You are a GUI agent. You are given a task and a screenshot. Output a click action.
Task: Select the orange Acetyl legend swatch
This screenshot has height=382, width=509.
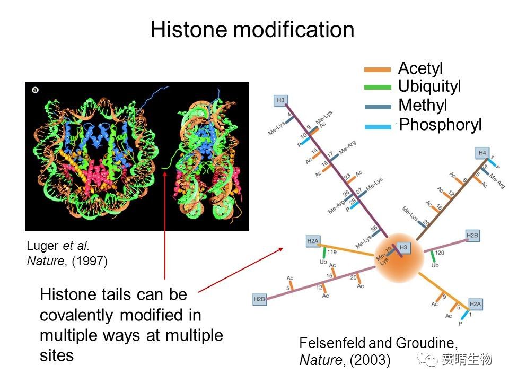coord(377,70)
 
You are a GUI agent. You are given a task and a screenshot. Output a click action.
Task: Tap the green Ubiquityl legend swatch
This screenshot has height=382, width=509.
coord(377,87)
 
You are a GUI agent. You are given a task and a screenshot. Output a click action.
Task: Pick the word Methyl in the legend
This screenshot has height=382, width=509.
coord(423,105)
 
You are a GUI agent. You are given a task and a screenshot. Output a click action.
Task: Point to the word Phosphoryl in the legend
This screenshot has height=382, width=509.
coord(440,124)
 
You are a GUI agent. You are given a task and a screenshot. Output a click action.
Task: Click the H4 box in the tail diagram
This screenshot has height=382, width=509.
coord(482,153)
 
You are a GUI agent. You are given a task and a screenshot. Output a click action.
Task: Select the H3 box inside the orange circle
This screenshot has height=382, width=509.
coord(403,248)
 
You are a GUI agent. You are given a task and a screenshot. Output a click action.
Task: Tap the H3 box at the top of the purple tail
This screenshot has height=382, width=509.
coord(280,100)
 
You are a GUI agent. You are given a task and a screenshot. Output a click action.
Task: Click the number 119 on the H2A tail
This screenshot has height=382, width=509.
coord(332,251)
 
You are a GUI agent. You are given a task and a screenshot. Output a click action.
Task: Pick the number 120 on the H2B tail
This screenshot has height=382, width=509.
coord(439,253)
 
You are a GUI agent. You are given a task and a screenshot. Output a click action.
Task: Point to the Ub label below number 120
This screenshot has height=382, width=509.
coord(435,265)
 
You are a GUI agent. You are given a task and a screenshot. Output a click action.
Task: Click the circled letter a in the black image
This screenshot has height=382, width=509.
coord(35,90)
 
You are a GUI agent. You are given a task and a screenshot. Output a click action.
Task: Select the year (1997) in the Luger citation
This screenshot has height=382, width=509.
coord(90,261)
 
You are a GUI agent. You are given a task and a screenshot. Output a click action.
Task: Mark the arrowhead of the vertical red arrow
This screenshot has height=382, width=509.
coord(165,172)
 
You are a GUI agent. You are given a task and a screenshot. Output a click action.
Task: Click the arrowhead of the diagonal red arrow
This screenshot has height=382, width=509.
coord(282,249)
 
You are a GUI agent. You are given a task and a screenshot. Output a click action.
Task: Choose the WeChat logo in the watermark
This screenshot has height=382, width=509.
coord(427,360)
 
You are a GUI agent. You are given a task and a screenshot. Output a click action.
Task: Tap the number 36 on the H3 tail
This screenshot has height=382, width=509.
coord(374,229)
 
